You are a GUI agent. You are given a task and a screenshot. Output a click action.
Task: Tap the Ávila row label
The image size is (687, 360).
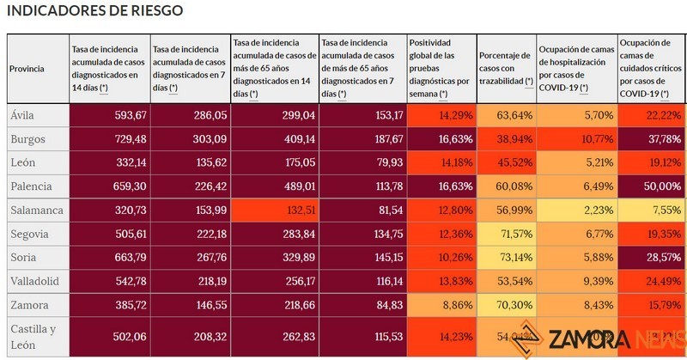(x=23, y=115)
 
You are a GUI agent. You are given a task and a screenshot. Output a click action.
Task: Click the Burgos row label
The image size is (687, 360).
(x=27, y=138)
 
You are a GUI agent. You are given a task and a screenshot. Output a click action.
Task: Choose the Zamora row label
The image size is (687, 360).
(x=28, y=305)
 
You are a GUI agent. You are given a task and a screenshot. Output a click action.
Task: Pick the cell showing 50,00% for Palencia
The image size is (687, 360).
(x=652, y=186)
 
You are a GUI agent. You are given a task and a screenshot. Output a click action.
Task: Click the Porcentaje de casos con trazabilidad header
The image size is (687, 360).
(x=506, y=69)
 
